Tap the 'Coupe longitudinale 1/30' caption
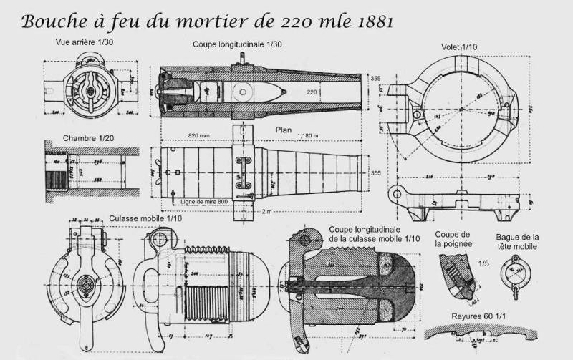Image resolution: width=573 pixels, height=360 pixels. [237, 44]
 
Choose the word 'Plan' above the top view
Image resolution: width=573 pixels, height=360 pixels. [284, 131]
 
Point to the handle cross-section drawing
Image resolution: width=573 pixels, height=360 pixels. [456, 278]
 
